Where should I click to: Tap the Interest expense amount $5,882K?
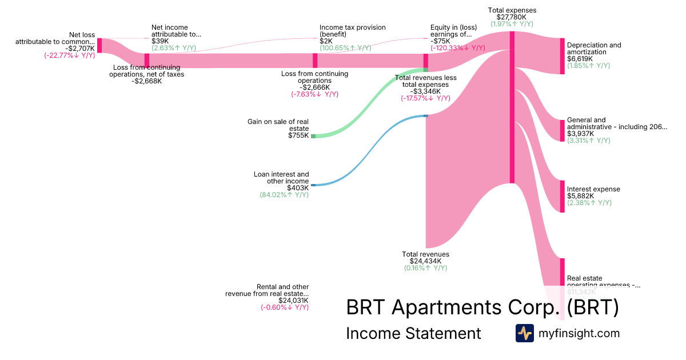pyautogui.click(x=580, y=196)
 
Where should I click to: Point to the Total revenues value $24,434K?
pyautogui.click(x=426, y=261)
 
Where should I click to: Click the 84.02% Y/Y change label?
pyautogui.click(x=284, y=195)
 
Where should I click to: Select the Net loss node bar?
pyautogui.click(x=99, y=46)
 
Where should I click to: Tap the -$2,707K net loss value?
pyautogui.click(x=80, y=49)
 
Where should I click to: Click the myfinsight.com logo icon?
pyautogui.click(x=524, y=333)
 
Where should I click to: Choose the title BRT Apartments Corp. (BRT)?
pyautogui.click(x=482, y=308)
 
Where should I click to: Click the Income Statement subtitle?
pyautogui.click(x=413, y=333)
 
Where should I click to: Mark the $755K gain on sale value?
pyautogui.click(x=298, y=135)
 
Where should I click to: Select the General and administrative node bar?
pyautogui.click(x=562, y=131)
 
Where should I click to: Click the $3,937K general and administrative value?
pyautogui.click(x=580, y=134)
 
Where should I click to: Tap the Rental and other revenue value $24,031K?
pyautogui.click(x=293, y=300)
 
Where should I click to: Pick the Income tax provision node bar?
pyautogui.click(x=315, y=61)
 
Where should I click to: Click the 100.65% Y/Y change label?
pyautogui.click(x=352, y=48)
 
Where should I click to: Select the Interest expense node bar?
pyautogui.click(x=562, y=197)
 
